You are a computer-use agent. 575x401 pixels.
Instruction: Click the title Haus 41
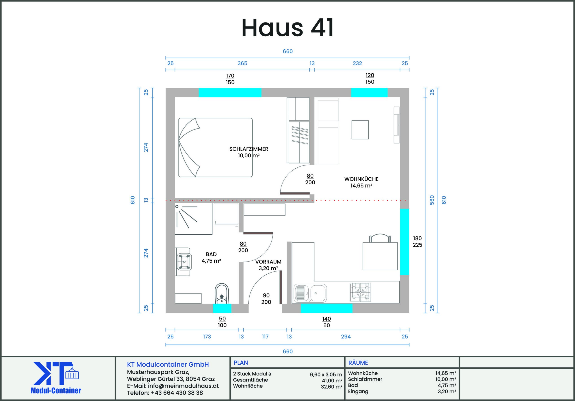287,28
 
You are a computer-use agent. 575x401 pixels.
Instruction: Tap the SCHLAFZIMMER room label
249,149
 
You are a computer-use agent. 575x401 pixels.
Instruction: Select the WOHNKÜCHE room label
361,179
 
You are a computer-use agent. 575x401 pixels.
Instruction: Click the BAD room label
211,254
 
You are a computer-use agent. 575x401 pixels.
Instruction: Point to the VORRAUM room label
268,262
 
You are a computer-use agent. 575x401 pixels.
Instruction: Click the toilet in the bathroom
222,293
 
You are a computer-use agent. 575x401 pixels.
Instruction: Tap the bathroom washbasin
184,262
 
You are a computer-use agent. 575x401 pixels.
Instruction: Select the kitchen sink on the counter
310,293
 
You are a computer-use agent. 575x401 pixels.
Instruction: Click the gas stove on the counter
360,292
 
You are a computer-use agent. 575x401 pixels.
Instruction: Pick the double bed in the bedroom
215,148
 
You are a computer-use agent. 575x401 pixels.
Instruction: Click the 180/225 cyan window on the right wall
405,242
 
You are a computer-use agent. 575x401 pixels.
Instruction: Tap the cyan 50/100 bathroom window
222,308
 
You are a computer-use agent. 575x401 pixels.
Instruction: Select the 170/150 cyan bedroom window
230,93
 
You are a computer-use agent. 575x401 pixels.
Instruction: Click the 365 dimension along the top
242,63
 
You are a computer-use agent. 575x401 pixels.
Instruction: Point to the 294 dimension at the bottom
346,337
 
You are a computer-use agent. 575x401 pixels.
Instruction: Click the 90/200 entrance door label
266,299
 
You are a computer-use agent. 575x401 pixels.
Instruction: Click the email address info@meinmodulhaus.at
183,386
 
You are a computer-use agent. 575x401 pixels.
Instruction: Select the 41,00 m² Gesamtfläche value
332,381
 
